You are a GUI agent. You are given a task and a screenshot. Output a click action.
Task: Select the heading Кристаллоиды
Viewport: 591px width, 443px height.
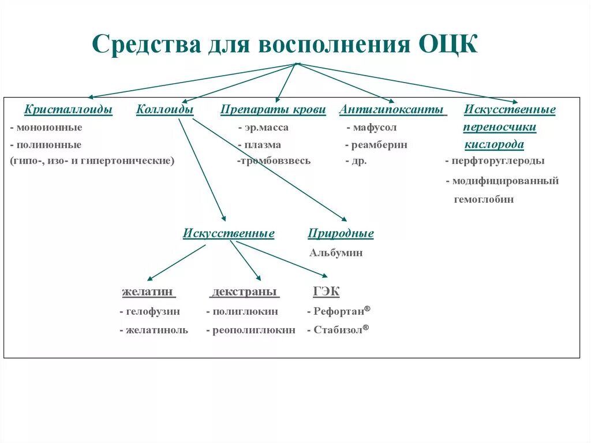pyautogui.click(x=68, y=110)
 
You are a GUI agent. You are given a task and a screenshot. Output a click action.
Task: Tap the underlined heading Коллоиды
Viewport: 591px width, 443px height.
pyautogui.click(x=164, y=110)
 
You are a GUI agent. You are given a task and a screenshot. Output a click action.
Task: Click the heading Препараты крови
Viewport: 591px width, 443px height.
pyautogui.click(x=273, y=110)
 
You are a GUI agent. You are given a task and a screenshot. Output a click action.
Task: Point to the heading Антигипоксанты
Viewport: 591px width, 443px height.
pyautogui.click(x=392, y=110)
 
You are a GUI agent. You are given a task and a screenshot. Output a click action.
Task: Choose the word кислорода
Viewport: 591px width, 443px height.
pyautogui.click(x=494, y=145)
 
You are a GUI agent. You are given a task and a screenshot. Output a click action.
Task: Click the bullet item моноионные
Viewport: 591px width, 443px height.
pyautogui.click(x=49, y=128)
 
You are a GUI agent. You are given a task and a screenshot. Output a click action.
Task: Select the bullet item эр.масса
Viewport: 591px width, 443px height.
pyautogui.click(x=265, y=128)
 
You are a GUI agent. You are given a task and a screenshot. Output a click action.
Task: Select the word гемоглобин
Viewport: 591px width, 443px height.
pyautogui.click(x=483, y=200)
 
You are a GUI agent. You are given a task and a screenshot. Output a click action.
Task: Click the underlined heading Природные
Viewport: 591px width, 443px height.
pyautogui.click(x=341, y=234)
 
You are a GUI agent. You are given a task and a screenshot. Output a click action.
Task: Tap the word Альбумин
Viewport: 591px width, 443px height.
pyautogui.click(x=336, y=253)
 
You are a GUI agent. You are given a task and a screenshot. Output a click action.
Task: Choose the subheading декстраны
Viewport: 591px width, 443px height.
pyautogui.click(x=244, y=292)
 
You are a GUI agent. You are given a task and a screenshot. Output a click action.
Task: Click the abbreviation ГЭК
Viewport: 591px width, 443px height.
pyautogui.click(x=326, y=292)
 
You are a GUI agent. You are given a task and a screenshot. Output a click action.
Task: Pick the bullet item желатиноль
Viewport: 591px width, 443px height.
pyautogui.click(x=156, y=331)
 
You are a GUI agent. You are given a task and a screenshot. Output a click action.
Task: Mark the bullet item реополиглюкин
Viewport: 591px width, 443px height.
pyautogui.click(x=253, y=331)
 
